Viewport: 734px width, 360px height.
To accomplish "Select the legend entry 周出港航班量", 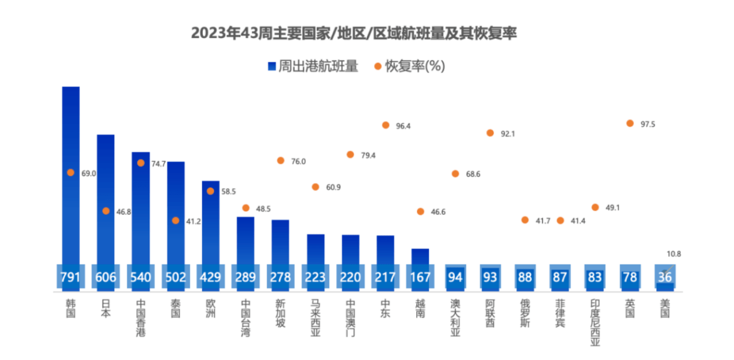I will (x=313, y=67).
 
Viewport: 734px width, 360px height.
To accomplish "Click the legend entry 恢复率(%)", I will (x=409, y=67).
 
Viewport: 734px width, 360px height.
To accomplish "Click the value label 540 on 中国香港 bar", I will (x=141, y=277).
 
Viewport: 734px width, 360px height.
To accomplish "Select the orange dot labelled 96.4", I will (x=386, y=125).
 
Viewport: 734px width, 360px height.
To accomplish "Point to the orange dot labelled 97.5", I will (x=630, y=123).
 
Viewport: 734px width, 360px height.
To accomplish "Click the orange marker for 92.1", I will (x=490, y=133).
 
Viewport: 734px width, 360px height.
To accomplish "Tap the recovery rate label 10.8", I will (x=674, y=254).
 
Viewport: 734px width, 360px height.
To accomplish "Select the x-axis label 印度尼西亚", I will (x=595, y=322).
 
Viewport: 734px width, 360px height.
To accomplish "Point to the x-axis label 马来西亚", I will (x=315, y=318).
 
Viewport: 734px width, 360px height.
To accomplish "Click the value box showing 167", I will (x=420, y=277).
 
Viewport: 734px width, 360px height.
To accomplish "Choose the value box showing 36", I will (x=665, y=277).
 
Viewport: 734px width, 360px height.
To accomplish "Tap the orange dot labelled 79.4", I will (x=350, y=155).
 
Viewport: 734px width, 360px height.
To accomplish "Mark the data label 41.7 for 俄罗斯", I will (x=542, y=221).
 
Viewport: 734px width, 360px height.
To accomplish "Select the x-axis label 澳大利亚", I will (x=455, y=318).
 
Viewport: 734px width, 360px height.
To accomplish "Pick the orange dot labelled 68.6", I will (x=455, y=174).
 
